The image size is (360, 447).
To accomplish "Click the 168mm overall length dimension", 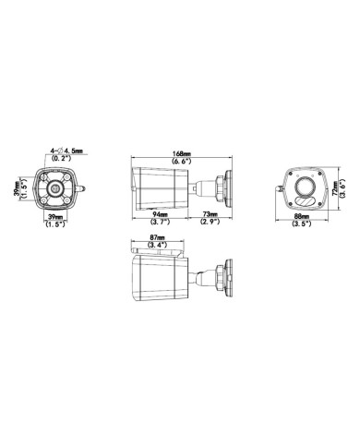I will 181,153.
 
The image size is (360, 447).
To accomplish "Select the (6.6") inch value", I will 181,162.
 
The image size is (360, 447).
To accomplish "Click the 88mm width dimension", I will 299,214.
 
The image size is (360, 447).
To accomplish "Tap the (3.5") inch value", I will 299,223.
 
